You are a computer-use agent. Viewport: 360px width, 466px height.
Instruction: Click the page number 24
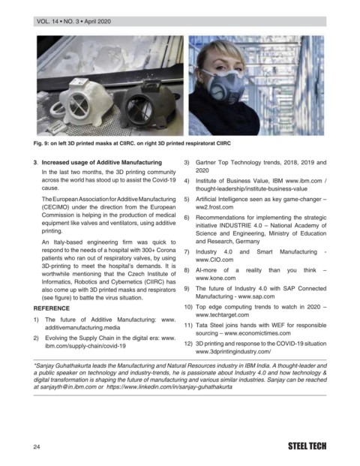(37, 446)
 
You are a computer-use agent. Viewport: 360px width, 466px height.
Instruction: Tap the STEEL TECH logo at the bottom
(307, 446)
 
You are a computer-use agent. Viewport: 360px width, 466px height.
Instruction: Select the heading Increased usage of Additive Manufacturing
(101, 163)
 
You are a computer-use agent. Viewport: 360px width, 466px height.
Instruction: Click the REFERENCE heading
(52, 308)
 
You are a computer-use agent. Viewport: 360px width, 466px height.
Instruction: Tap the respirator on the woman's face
(223, 86)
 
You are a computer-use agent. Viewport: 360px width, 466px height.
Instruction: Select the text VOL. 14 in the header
(47, 22)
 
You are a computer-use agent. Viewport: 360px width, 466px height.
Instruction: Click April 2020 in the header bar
(97, 22)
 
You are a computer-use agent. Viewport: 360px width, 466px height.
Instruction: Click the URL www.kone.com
(215, 278)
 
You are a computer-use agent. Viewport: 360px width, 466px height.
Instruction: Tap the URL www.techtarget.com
(222, 314)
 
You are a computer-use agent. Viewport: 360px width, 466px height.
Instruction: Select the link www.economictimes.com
(257, 333)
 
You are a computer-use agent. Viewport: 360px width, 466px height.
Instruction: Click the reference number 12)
(188, 344)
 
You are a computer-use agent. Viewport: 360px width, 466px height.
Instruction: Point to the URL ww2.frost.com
(214, 207)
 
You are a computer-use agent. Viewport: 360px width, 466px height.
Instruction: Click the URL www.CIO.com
(214, 260)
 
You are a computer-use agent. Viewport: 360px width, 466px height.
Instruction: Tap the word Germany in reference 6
(247, 242)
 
